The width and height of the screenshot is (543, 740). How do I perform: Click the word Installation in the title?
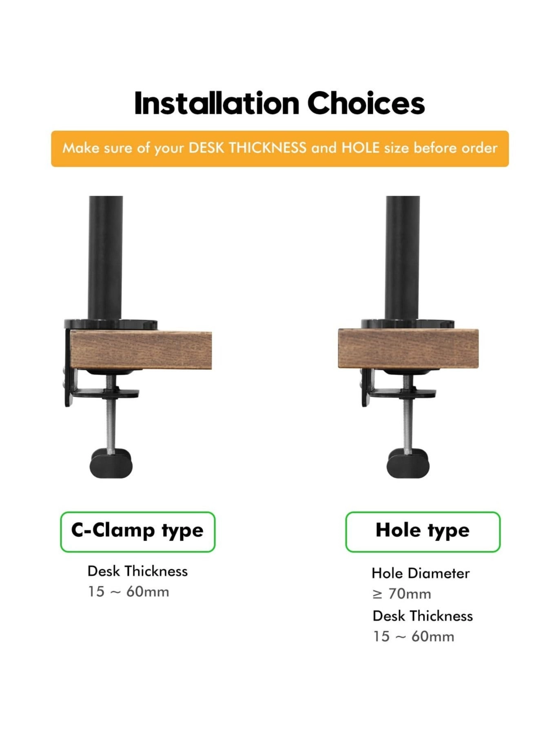pos(216,104)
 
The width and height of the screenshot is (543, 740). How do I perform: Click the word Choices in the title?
pos(366,104)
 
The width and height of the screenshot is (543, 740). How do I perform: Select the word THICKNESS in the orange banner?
pos(267,148)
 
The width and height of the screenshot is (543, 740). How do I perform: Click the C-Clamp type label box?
pos(137,531)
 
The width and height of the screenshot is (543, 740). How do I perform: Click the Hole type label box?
pos(422,531)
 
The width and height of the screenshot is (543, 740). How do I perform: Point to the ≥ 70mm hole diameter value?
pos(401,594)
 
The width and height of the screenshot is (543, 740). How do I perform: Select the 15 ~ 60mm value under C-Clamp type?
pos(129,591)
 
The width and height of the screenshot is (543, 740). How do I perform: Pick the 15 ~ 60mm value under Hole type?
pos(413,636)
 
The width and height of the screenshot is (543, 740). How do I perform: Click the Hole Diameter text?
pos(420,573)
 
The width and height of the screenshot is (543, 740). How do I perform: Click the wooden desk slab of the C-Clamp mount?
pos(141,350)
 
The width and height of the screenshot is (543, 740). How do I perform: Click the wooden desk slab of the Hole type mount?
pos(408,348)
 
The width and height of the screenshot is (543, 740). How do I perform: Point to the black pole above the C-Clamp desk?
pos(105,257)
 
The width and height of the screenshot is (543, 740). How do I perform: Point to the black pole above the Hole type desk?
pos(402,257)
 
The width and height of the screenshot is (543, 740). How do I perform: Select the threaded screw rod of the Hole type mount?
pos(407,424)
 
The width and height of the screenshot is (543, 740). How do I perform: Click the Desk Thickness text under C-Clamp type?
pos(137,571)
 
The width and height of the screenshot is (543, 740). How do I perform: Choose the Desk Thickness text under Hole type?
pos(422,616)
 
